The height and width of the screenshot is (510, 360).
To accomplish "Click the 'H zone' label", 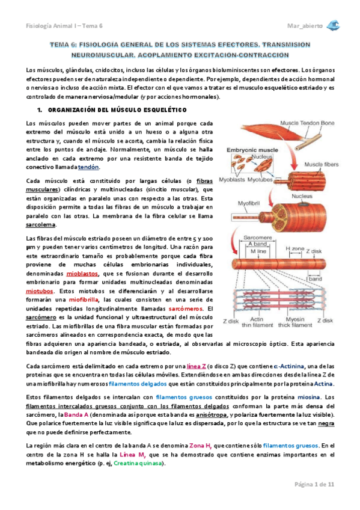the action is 294,248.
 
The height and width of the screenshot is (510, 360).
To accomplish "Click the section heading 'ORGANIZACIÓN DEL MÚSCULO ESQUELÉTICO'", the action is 117,109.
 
